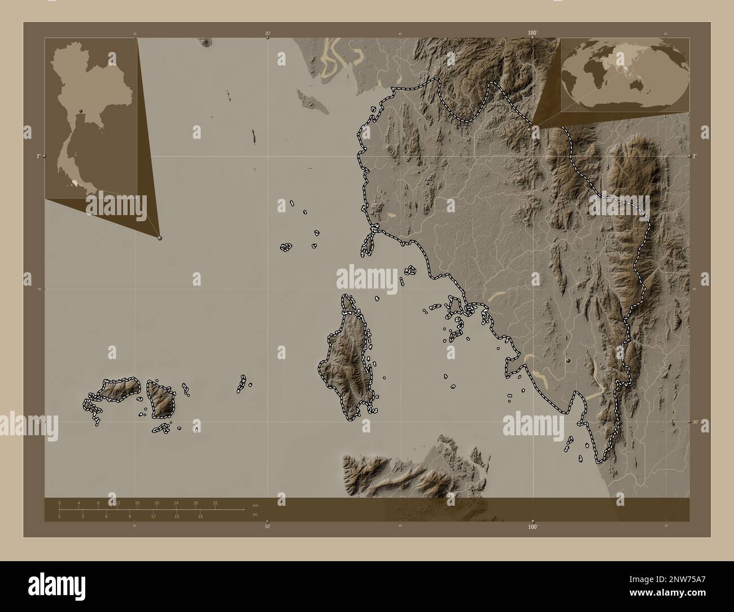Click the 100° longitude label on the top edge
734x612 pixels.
[x=532, y=33]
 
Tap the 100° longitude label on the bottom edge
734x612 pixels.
[x=532, y=526]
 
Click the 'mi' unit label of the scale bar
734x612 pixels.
[x=255, y=514]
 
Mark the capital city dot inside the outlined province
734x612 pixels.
[x=569, y=360]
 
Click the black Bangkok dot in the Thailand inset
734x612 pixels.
[x=81, y=111]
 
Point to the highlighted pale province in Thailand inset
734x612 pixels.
[x=75, y=182]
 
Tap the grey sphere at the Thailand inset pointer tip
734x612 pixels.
[x=160, y=238]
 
